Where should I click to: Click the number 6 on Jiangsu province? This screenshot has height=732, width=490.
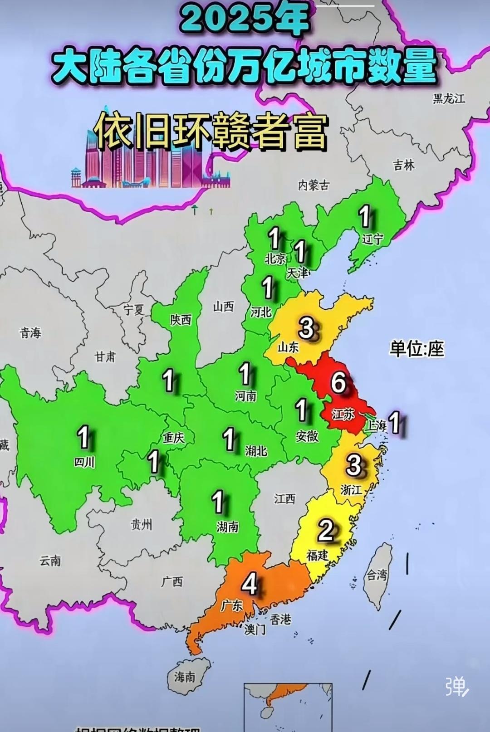coord(338,382)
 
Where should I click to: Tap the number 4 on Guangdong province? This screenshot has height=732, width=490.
coord(250,584)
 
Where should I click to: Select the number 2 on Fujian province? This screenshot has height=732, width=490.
coord(326,530)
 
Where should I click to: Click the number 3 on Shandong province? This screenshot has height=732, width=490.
coord(307,328)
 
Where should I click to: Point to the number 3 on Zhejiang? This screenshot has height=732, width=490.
coord(353,465)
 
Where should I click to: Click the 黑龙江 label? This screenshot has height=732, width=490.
coord(449,98)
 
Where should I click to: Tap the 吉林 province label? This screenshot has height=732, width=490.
coord(404,165)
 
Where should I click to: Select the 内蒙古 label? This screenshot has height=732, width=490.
coord(314,185)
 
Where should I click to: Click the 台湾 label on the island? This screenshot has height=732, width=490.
coord(377,576)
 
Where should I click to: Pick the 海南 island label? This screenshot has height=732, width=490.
coord(185,677)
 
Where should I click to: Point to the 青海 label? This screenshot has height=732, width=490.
coord(30,333)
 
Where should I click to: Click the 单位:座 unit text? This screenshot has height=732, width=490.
coord(416,349)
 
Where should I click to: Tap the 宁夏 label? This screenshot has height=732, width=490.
coord(134,310)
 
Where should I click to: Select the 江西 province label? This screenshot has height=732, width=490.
coord(284,499)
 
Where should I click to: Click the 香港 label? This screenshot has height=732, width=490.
coord(280,619)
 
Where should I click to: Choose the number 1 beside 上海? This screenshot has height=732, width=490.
coord(395,422)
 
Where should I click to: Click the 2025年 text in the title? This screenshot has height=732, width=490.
coord(245,20)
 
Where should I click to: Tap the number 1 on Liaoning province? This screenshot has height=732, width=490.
coord(364,216)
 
